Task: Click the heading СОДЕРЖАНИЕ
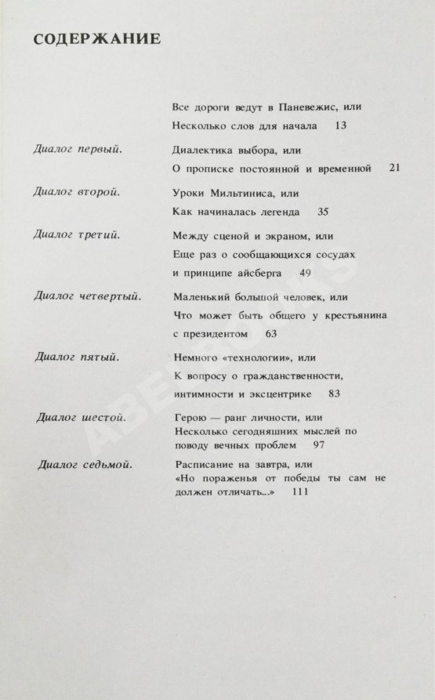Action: coord(97,39)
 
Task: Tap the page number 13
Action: coord(339,125)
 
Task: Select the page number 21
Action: coord(394,168)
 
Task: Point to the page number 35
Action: coord(323,212)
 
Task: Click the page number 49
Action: coord(306,273)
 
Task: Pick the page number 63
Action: coord(271,334)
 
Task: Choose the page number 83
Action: coord(335,394)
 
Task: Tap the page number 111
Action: coord(299,491)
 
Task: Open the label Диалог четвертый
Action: coord(87,296)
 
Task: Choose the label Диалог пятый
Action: coord(77,357)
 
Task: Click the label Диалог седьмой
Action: coord(85,464)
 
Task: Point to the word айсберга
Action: coord(264,273)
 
